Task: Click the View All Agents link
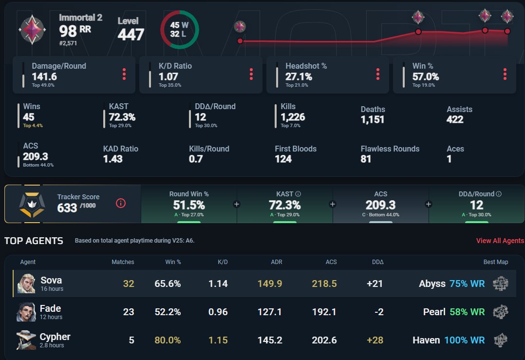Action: click(x=500, y=241)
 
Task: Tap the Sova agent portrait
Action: click(x=26, y=284)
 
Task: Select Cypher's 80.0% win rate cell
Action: click(x=168, y=340)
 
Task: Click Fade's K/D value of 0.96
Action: click(x=218, y=312)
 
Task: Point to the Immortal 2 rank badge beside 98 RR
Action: click(x=32, y=30)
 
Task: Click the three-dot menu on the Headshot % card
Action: click(x=378, y=74)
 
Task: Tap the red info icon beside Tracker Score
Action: click(x=121, y=203)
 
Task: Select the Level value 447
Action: click(x=131, y=35)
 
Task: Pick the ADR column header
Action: click(x=277, y=262)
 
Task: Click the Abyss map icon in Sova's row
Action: click(x=501, y=284)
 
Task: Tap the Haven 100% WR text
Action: click(x=449, y=340)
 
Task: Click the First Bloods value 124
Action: click(x=283, y=159)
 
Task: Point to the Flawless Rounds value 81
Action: click(x=366, y=159)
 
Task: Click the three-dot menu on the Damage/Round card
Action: click(x=124, y=74)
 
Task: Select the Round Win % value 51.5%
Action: click(x=189, y=205)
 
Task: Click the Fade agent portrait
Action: click(x=26, y=312)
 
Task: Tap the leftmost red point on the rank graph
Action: click(x=240, y=41)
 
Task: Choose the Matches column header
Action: click(x=123, y=262)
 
